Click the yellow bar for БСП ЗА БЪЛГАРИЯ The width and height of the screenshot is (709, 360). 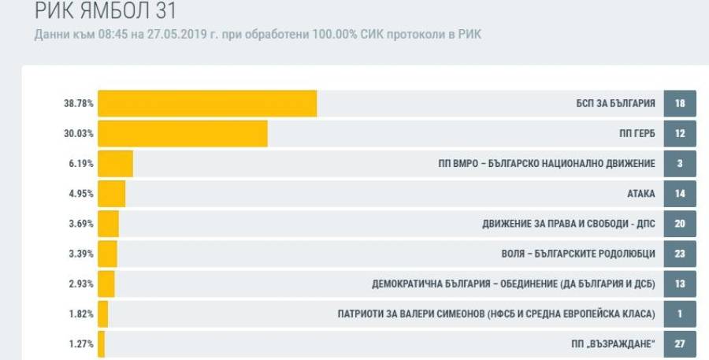coord(206,104)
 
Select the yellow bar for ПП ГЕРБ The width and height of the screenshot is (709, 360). coord(182,134)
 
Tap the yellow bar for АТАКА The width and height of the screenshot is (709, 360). coord(111,194)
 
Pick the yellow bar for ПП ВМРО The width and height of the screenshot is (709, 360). coord(115,164)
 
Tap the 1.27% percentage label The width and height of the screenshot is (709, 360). coord(83,343)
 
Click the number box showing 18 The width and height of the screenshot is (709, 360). coord(681,104)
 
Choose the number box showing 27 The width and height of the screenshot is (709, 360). coord(681,343)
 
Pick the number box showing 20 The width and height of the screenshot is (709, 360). coord(681,224)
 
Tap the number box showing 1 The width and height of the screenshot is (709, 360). coord(681,314)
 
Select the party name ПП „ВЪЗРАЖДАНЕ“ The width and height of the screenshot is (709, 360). coord(614,343)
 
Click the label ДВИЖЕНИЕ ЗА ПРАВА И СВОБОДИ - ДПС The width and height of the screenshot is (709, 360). coord(569,224)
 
